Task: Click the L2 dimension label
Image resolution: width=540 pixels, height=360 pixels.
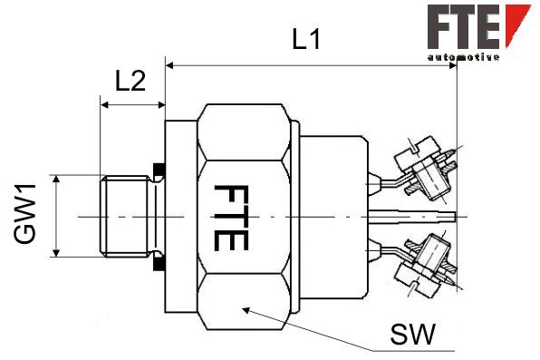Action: click(x=130, y=81)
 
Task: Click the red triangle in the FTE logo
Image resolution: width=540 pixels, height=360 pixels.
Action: click(x=518, y=24)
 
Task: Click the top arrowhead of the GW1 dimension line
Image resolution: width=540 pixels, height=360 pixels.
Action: click(x=56, y=180)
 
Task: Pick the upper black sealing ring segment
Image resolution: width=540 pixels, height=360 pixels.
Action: click(x=159, y=170)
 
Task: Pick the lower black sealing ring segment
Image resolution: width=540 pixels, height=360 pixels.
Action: click(x=159, y=266)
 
